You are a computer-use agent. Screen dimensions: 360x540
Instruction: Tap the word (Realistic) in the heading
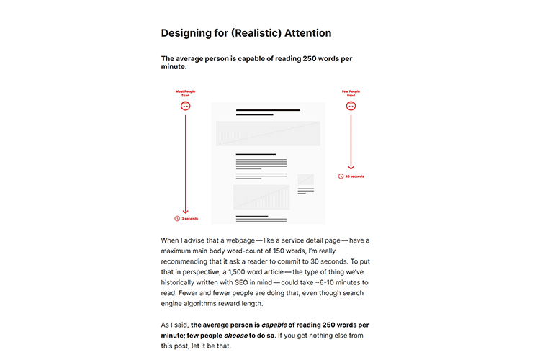click(x=249, y=33)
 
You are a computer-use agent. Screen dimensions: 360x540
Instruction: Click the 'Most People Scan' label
click(x=185, y=94)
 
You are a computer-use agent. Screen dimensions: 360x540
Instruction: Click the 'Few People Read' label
click(x=351, y=94)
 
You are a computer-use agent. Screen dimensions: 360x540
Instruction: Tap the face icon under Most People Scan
click(x=186, y=106)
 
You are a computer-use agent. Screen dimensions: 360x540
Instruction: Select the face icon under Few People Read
click(x=351, y=106)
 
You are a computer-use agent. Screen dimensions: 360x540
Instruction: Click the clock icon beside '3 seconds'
click(x=177, y=218)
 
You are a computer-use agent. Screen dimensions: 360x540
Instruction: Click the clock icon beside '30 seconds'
click(x=341, y=176)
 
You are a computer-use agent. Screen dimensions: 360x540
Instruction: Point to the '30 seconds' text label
click(x=355, y=176)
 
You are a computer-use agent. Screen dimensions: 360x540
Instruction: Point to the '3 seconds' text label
click(x=190, y=218)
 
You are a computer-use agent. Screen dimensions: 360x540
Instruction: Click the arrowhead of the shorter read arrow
click(x=351, y=168)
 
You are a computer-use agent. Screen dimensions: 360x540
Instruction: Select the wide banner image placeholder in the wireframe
click(x=268, y=133)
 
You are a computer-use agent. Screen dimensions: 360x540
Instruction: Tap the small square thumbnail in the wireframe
click(x=306, y=179)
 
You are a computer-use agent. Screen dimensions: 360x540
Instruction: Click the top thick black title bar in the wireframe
click(x=268, y=110)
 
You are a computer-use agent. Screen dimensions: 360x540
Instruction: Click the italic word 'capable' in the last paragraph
click(x=274, y=324)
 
